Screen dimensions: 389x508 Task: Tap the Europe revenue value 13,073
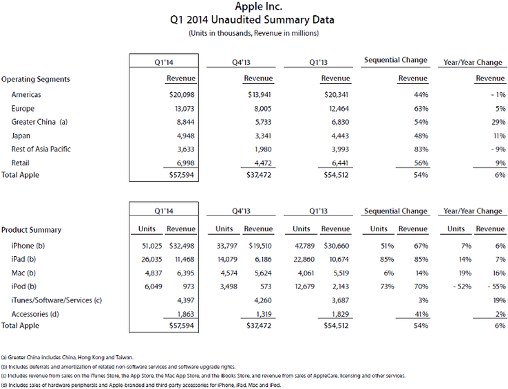tap(184, 108)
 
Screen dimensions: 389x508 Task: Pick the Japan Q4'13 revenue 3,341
tap(260, 135)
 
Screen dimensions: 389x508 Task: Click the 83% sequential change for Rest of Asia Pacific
tap(419, 148)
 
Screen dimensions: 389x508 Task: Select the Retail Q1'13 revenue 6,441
tap(337, 162)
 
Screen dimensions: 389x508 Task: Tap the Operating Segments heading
tap(35, 79)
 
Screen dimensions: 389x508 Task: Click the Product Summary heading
tap(31, 229)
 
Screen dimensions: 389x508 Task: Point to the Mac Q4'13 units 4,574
tap(224, 272)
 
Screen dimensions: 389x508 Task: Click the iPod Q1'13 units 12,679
tap(301, 285)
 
